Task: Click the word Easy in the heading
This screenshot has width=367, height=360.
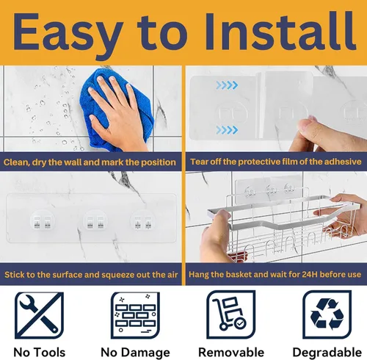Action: pos(68,35)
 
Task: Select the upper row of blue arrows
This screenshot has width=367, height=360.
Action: pos(227,85)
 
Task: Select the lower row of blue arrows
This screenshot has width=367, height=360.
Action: pos(227,130)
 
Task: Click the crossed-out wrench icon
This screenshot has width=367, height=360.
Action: pos(39,315)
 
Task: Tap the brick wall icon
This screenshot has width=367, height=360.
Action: pos(135,315)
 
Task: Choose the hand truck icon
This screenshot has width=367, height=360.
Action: pos(231,314)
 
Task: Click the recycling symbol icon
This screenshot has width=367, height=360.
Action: pos(327,314)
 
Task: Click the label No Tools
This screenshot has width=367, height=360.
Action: pos(40,353)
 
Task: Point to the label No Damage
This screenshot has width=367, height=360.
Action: pos(135,353)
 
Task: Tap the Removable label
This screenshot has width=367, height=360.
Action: pos(231,353)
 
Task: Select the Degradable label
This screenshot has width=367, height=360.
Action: pos(327,353)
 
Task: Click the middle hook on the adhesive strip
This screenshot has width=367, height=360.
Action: pos(95,222)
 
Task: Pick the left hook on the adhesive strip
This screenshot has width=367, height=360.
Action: pos(43,222)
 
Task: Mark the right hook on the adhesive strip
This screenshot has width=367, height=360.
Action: pos(143,222)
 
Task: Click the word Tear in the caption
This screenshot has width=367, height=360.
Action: pos(198,162)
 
